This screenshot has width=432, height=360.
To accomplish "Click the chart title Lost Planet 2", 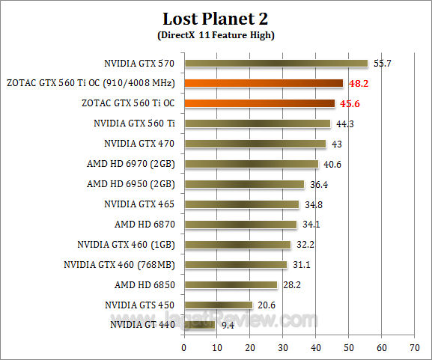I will click(x=216, y=18).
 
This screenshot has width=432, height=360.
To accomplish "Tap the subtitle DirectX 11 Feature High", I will click(x=216, y=35).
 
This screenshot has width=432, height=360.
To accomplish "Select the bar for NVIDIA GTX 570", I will click(x=276, y=64).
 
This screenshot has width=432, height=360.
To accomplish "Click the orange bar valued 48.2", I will click(x=264, y=83).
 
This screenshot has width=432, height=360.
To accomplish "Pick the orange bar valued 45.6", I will click(x=259, y=103).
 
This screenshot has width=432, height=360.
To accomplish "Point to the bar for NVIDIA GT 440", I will click(x=199, y=325).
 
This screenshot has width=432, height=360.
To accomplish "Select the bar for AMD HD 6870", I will click(x=240, y=224).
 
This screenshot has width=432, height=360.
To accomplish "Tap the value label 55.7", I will click(x=382, y=64).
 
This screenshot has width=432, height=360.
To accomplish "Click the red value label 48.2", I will click(x=357, y=84).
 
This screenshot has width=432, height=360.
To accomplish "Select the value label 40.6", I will click(x=332, y=164).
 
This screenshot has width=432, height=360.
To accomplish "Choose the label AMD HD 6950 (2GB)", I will click(x=131, y=183).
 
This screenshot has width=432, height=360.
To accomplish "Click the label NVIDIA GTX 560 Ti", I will click(x=135, y=123).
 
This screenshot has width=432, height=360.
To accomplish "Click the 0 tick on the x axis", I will click(x=184, y=347).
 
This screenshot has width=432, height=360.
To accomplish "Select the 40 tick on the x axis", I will click(x=316, y=347).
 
